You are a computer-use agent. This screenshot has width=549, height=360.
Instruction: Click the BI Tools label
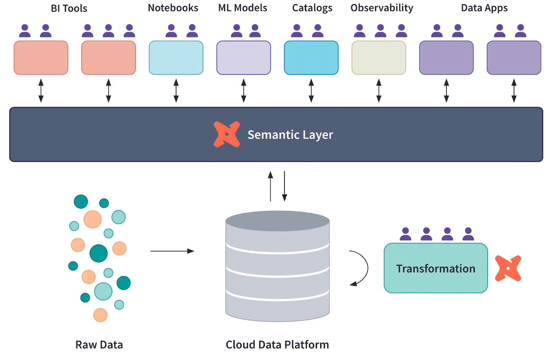[x=69, y=8]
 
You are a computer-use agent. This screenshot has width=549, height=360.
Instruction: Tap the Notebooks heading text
[x=173, y=8]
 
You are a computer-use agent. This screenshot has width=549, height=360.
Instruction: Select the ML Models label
[x=243, y=8]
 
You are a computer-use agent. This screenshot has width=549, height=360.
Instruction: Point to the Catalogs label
[x=312, y=8]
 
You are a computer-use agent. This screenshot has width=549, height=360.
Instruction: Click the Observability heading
[x=382, y=8]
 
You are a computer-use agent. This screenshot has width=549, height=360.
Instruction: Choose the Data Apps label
[x=484, y=8]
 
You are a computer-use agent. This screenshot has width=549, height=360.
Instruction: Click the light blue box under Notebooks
[x=176, y=58]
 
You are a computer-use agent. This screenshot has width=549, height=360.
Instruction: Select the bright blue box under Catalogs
[x=311, y=58]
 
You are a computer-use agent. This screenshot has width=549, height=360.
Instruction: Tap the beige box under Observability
[x=379, y=58]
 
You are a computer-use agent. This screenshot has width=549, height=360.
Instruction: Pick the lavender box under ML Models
[x=244, y=58]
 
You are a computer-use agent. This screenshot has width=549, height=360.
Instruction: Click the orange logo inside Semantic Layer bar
[x=227, y=134]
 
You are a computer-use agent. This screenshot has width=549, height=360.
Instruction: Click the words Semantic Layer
[x=290, y=135]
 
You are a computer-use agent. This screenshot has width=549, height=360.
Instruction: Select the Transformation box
[x=435, y=268]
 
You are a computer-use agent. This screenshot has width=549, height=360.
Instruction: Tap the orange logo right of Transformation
[x=508, y=268]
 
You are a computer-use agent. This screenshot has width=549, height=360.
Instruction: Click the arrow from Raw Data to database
[x=172, y=251]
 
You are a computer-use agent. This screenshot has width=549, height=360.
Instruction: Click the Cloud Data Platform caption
[x=277, y=345]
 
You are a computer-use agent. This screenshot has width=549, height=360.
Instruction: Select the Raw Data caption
[x=99, y=345]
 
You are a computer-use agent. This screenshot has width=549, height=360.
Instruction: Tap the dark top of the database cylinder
[x=277, y=220]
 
